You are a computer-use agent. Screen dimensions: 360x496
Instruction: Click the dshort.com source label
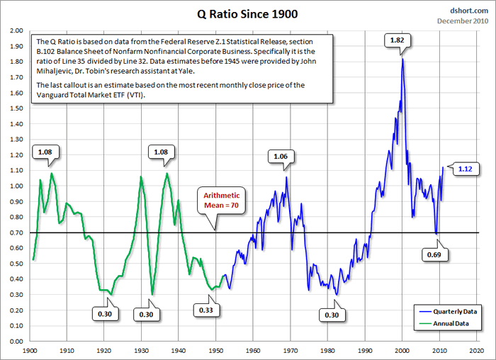(x=470, y=10)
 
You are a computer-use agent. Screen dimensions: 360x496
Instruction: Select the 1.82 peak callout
(x=397, y=40)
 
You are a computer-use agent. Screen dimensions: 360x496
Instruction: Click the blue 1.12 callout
(x=465, y=169)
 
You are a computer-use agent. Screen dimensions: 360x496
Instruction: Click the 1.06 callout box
(x=280, y=156)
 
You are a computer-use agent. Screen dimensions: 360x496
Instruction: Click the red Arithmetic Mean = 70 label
(x=222, y=200)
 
